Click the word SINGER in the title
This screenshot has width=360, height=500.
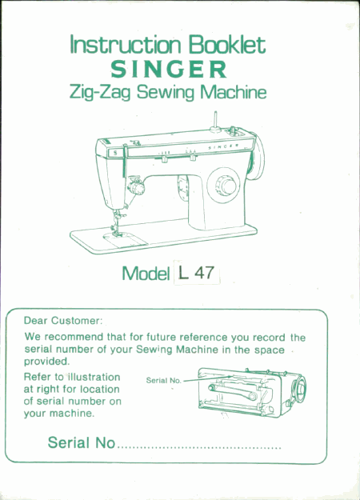pyautogui.click(x=169, y=69)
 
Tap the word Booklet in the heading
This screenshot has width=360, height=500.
pyautogui.click(x=226, y=44)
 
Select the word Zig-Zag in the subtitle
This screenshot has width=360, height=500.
pyautogui.click(x=100, y=93)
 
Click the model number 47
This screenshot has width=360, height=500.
pyautogui.click(x=204, y=273)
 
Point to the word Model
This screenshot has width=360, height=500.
pyautogui.click(x=146, y=274)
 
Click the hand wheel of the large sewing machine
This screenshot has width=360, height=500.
pyautogui.click(x=257, y=156)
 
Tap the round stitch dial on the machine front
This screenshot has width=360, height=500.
pyautogui.click(x=224, y=186)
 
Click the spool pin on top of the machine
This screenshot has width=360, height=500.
pyautogui.click(x=215, y=121)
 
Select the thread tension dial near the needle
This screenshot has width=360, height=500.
pyautogui.click(x=137, y=186)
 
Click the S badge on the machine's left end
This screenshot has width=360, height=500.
pyautogui.click(x=115, y=153)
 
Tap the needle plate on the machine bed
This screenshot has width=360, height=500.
pyautogui.click(x=125, y=239)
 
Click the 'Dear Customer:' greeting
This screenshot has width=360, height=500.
pyautogui.click(x=63, y=321)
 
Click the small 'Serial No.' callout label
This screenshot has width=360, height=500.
pyautogui.click(x=163, y=381)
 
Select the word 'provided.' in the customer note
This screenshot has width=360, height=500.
pyautogui.click(x=46, y=362)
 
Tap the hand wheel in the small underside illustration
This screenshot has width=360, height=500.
pyautogui.click(x=300, y=388)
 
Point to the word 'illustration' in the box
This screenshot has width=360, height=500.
pyautogui.click(x=94, y=377)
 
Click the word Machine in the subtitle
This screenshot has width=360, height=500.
pyautogui.click(x=234, y=93)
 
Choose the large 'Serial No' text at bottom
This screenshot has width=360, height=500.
pyautogui.click(x=82, y=442)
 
